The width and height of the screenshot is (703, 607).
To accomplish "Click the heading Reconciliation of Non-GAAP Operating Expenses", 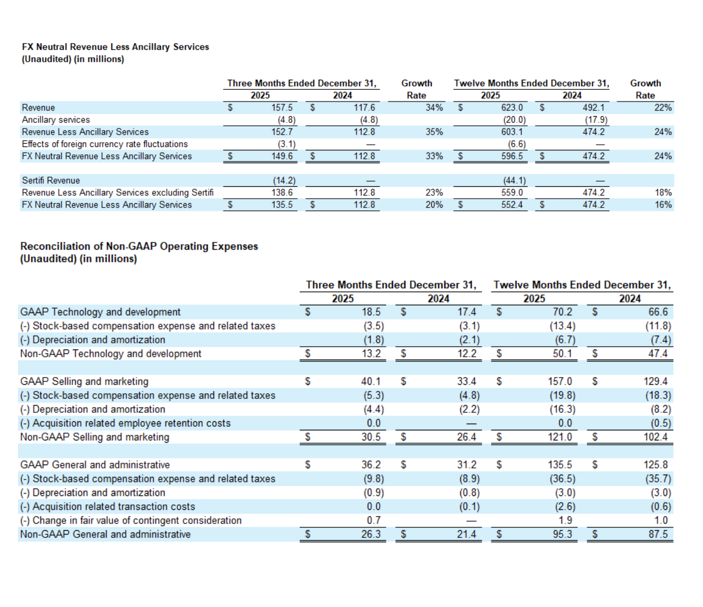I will pos(139,246).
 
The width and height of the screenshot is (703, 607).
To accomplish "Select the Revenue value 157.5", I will pos(282,108).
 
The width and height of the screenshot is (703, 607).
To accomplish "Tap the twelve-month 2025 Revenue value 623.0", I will pos(512,108).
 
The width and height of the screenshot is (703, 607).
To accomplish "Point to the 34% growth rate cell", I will pos(434,108).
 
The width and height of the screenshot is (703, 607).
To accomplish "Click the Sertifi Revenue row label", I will pos(51,181).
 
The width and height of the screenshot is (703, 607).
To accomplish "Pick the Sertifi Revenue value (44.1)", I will pos(514,181).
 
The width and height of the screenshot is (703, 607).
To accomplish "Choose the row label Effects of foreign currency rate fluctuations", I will pos(104,144).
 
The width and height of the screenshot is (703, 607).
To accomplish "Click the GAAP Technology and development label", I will pos(101,312).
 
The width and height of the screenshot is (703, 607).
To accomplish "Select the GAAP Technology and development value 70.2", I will pos(562,312).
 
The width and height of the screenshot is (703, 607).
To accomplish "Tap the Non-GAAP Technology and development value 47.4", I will pos(658,354).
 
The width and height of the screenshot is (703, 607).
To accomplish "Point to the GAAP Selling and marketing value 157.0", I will pos(560,381).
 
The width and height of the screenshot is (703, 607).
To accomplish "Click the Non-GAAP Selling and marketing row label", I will pos(94,437).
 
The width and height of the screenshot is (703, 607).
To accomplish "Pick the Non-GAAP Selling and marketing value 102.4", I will pos(655,437).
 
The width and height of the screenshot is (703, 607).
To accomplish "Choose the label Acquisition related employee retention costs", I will pos(125,423).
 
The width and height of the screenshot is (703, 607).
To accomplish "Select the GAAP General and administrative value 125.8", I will pos(655,465).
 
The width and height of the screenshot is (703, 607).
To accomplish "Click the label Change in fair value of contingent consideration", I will pos(131,521).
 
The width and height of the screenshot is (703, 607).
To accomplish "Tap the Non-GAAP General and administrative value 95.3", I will pos(562,535).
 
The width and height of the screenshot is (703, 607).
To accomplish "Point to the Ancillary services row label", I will pos(56,120).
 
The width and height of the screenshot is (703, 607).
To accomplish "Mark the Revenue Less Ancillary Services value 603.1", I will pos(512,132).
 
